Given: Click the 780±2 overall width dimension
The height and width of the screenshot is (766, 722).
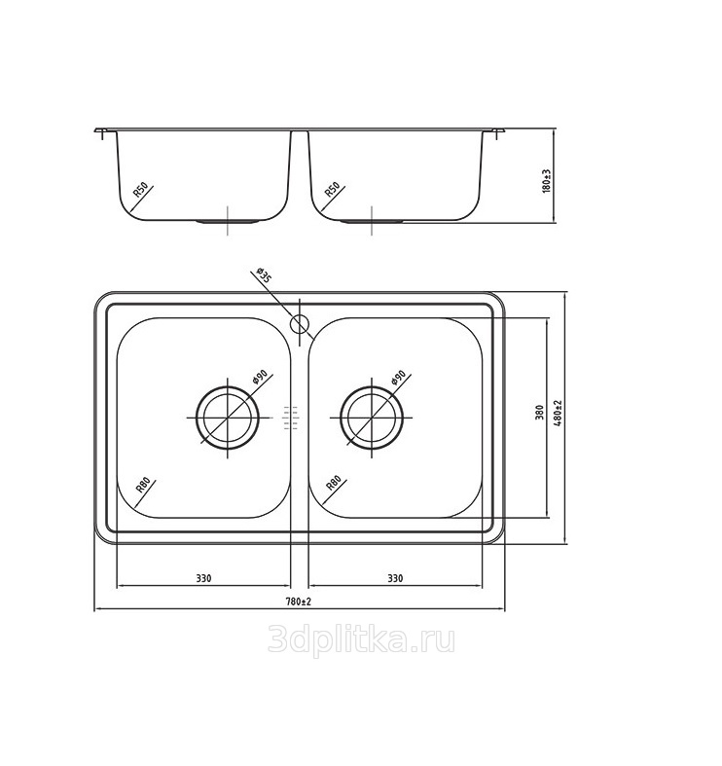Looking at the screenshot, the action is click(299, 602).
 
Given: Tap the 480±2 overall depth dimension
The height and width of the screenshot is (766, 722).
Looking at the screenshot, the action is click(559, 413).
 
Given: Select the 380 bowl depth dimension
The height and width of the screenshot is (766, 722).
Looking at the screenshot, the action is click(539, 413).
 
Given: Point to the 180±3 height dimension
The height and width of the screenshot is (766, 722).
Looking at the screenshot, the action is click(547, 181).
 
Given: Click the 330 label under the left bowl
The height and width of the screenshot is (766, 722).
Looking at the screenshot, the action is click(203, 578).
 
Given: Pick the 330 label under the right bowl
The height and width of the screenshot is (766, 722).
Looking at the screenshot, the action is click(395, 578).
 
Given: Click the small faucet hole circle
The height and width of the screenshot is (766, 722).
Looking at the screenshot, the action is click(300, 323).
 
